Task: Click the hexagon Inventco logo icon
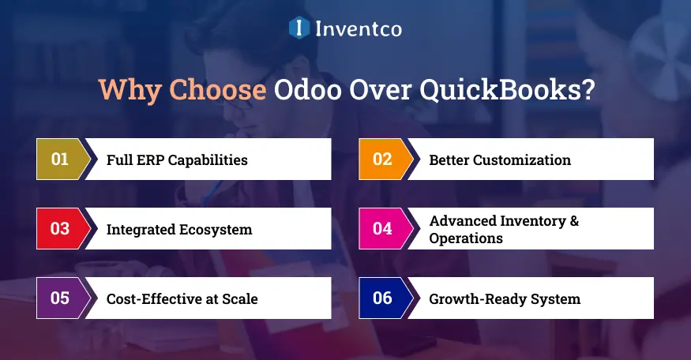pos(299,28)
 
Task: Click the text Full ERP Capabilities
pos(177,160)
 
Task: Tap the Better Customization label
pos(500,160)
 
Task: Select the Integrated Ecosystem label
pos(179,230)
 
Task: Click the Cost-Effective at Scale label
pos(182,299)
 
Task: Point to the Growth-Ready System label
pos(505,299)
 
